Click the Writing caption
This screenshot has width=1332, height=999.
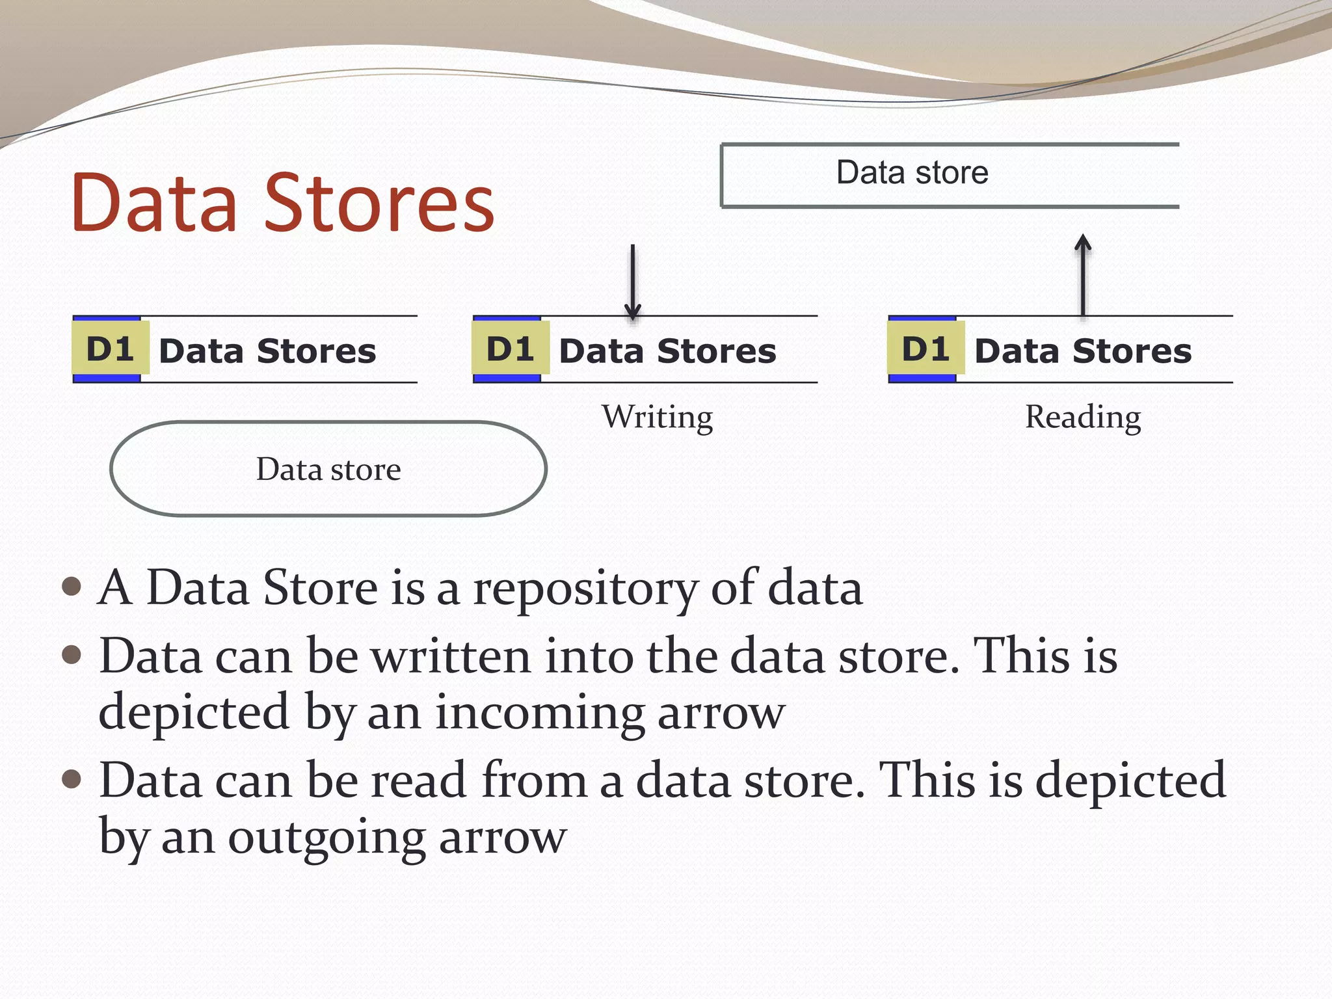(x=657, y=417)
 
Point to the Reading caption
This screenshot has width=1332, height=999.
(x=1083, y=417)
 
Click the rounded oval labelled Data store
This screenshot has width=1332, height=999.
(x=328, y=469)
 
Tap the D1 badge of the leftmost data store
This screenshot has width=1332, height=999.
(x=111, y=349)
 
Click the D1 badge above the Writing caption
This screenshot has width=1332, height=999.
(x=511, y=349)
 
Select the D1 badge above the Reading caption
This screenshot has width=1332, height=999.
(x=926, y=349)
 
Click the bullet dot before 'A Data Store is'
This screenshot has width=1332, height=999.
(x=72, y=587)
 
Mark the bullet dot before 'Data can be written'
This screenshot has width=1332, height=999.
(x=72, y=654)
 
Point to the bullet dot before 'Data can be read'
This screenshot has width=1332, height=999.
(x=72, y=779)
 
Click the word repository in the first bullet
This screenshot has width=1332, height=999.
(x=585, y=589)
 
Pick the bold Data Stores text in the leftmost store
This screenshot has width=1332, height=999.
(x=267, y=351)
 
